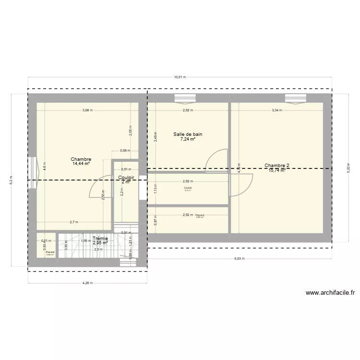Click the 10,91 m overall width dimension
[180, 77]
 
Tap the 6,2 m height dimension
[11, 180]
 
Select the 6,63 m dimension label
[239, 259]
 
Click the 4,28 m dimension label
[87, 283]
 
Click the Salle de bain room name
[188, 134]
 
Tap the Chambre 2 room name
[277, 166]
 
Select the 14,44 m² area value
[81, 164]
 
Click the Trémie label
[100, 238]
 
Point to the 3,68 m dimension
[87, 110]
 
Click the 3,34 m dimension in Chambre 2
[277, 110]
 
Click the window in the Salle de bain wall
[185, 98]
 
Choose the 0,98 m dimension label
[125, 151]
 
